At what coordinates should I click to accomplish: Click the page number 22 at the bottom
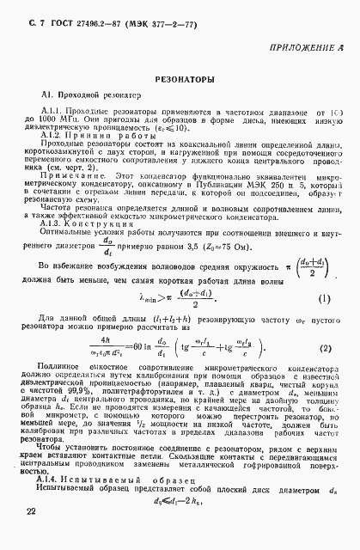point(33,535)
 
